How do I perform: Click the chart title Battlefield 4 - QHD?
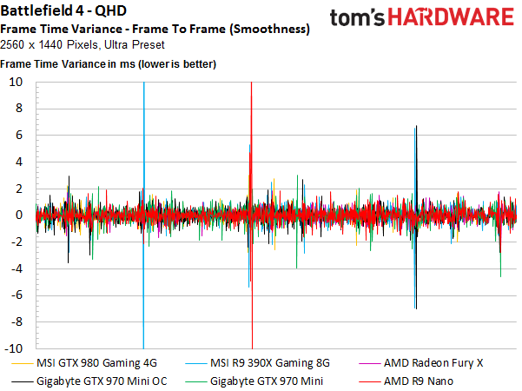[x=63, y=12]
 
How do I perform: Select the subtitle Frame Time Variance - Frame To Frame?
[x=155, y=29]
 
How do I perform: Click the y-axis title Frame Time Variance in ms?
[x=108, y=64]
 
